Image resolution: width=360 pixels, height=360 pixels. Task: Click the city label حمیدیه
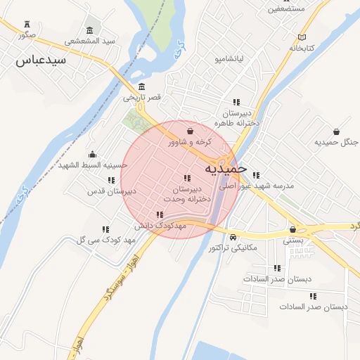(x=226, y=169)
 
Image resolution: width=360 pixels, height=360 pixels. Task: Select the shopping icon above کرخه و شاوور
(x=190, y=131)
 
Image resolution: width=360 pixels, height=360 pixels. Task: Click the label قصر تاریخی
(x=143, y=97)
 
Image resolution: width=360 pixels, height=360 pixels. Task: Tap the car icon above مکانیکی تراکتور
(x=233, y=236)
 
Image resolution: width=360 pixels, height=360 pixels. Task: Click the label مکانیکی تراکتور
(x=233, y=247)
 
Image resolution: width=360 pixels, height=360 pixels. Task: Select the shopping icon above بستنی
(x=292, y=229)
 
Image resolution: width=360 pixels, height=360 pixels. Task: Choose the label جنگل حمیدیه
(x=336, y=142)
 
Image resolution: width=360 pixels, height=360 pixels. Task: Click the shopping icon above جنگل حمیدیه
(x=336, y=131)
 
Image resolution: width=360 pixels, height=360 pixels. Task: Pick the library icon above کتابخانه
(x=302, y=37)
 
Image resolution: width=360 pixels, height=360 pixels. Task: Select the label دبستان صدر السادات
(x=314, y=307)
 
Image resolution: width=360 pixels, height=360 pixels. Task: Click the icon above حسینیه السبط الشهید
(x=92, y=155)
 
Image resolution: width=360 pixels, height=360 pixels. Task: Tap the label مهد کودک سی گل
(x=100, y=240)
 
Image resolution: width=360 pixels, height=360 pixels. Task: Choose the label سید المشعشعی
(x=90, y=41)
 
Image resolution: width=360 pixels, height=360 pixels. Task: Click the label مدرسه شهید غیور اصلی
(x=256, y=186)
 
